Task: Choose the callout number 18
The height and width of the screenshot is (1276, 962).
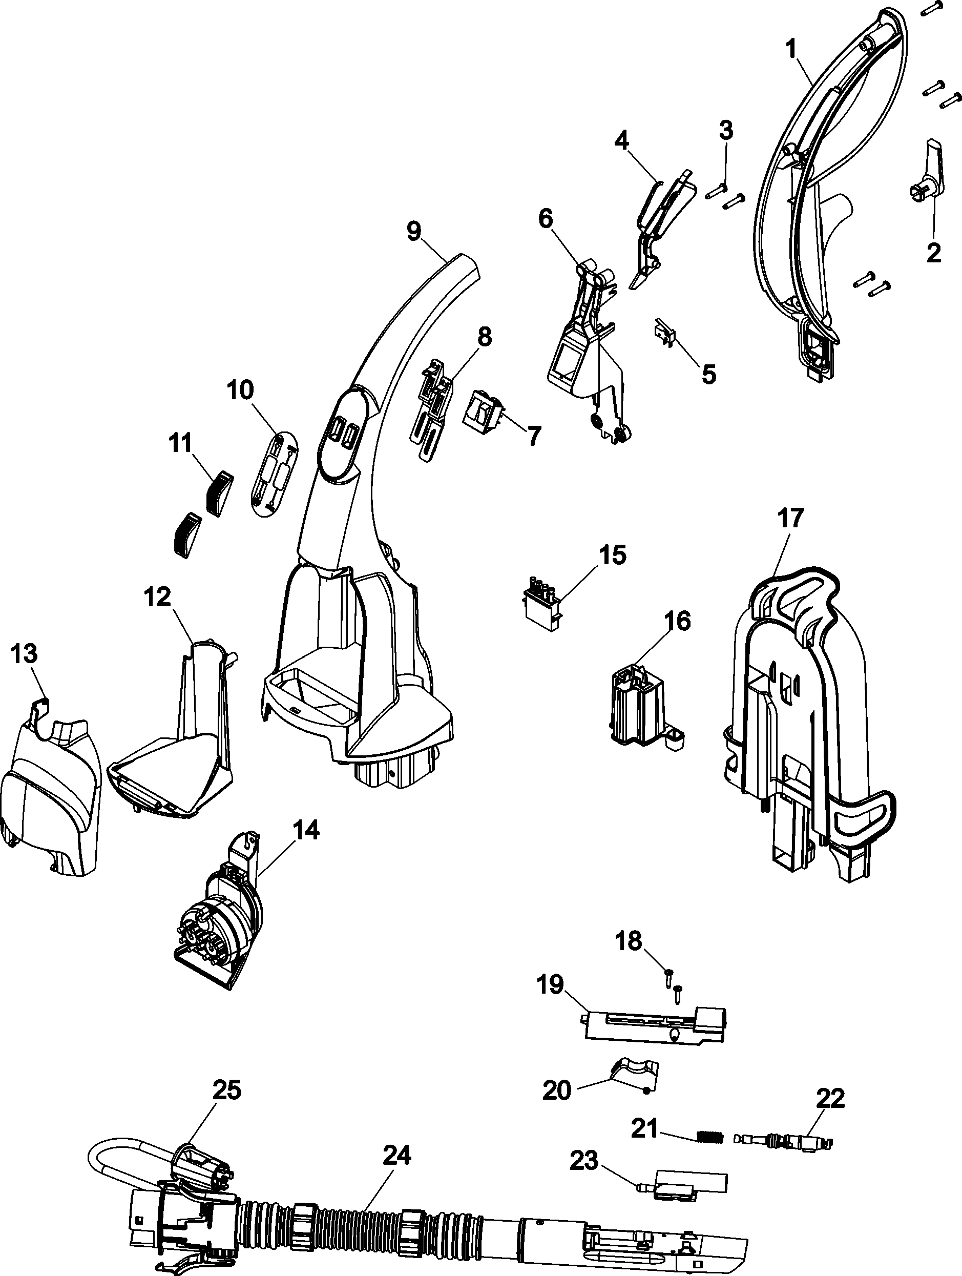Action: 629,941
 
